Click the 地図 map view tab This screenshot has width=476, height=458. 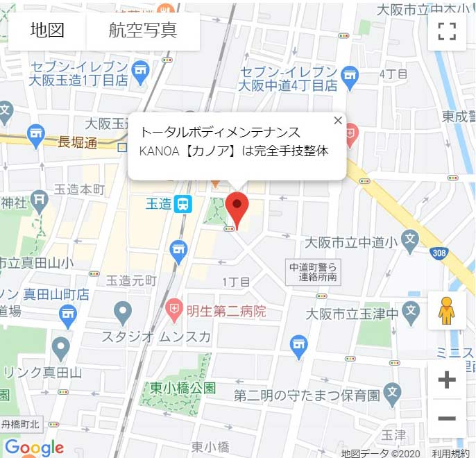pyautogui.click(x=47, y=31)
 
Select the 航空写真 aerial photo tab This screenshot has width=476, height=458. pyautogui.click(x=143, y=31)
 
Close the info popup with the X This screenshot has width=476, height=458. pyautogui.click(x=338, y=120)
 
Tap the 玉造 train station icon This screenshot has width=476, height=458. pyautogui.click(x=183, y=204)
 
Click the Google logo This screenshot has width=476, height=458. pyautogui.click(x=34, y=448)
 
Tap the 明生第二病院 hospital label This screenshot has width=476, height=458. pyautogui.click(x=226, y=311)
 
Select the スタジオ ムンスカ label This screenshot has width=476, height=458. pyautogui.click(x=156, y=337)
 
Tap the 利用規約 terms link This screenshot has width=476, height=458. pyautogui.click(x=450, y=453)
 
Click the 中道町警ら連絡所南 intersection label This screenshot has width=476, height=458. pyautogui.click(x=314, y=271)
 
